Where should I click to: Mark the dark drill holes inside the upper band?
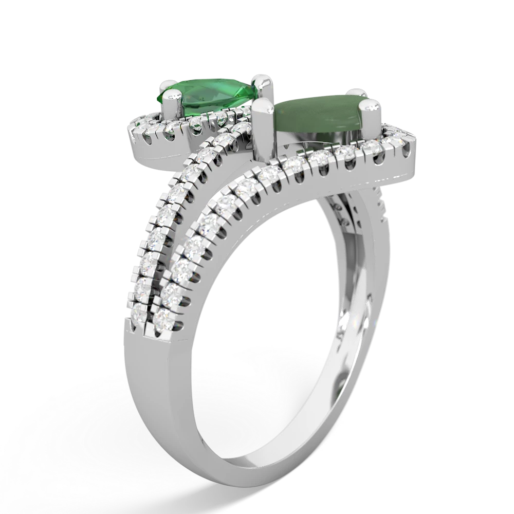click(355, 206)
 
